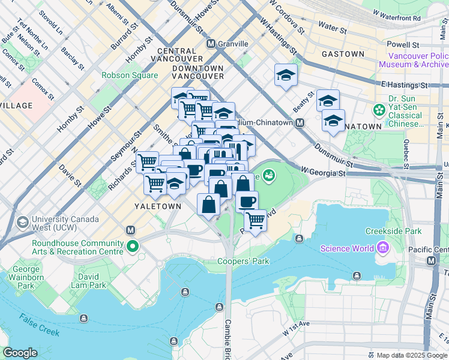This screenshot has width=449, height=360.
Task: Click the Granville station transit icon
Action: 211,44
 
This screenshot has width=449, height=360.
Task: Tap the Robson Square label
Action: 130,76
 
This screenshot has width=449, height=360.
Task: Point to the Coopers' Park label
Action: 239,261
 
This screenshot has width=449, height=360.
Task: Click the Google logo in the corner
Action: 20,353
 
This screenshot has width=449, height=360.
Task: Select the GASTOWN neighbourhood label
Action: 343,54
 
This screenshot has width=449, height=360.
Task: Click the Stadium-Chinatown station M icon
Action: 300,122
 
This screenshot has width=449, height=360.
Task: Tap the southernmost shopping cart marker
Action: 256,220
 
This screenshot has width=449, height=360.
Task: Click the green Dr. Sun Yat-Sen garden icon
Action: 379,110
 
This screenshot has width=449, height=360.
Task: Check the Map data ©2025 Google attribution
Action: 412,355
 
